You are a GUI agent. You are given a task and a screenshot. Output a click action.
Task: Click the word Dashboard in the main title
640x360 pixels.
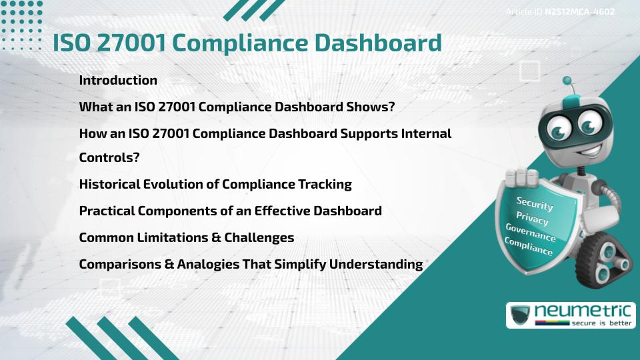pyautogui.click(x=377, y=43)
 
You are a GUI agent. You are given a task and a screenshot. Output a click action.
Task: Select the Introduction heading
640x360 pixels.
pyautogui.click(x=118, y=80)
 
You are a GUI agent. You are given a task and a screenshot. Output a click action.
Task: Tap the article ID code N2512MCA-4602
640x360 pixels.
pyautogui.click(x=579, y=11)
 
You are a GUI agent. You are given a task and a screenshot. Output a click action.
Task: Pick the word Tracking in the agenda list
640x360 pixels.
pyautogui.click(x=324, y=184)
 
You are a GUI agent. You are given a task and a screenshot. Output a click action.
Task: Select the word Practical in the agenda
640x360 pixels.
pyautogui.click(x=107, y=211)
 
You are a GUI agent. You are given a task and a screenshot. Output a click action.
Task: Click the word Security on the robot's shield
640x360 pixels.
pyautogui.click(x=535, y=203)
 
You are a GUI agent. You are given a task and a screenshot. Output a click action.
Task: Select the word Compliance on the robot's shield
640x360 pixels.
pyautogui.click(x=529, y=247)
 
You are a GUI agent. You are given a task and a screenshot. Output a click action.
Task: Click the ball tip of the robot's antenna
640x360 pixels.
pyautogui.click(x=567, y=81)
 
